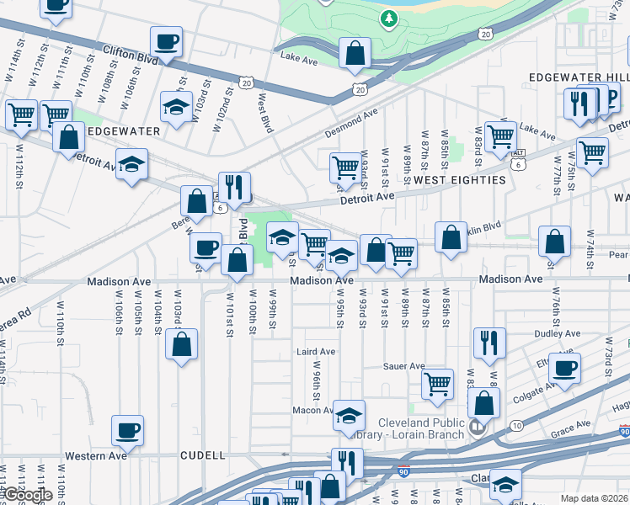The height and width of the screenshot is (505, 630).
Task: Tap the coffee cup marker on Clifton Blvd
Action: point(166,42)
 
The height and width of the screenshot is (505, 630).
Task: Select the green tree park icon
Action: point(388,17)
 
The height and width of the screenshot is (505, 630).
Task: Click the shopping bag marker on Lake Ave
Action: point(355,53)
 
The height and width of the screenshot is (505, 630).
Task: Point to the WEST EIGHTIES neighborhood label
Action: point(459,180)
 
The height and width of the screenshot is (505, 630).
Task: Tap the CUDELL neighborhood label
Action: point(202,455)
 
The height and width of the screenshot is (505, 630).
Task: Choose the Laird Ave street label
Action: point(316,351)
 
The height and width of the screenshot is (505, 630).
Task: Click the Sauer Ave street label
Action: point(404,366)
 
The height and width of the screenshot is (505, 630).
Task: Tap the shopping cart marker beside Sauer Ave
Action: point(437,385)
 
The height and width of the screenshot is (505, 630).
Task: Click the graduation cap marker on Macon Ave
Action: point(349,416)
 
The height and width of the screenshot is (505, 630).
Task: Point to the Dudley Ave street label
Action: point(557,334)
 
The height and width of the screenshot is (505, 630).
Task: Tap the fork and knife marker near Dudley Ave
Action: point(489,343)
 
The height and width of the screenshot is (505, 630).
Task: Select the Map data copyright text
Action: point(594,498)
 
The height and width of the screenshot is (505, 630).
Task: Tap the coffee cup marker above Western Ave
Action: point(128,431)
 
